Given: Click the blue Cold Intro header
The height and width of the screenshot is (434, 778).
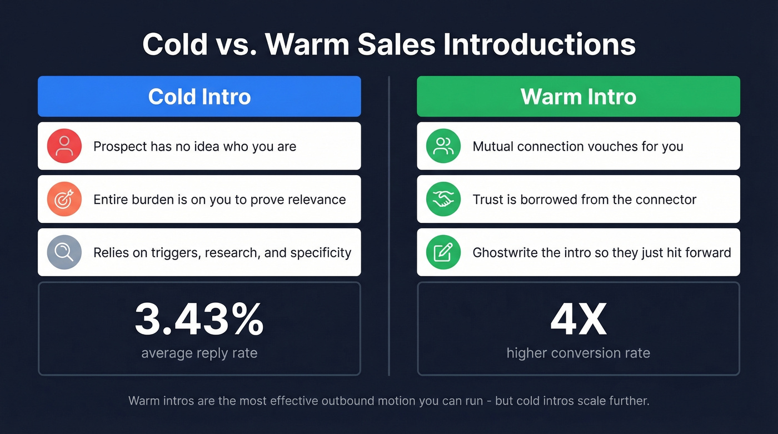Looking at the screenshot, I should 199,97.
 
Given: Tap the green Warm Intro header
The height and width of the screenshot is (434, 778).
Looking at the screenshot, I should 578,97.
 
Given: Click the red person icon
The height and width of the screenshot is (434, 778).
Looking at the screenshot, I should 64,146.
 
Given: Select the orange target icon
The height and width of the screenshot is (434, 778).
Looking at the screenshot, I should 64,199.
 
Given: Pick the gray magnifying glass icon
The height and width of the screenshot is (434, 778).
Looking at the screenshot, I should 64,252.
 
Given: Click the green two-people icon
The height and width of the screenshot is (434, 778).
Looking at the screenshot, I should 443,146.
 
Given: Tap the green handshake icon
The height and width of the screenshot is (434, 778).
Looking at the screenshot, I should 443,199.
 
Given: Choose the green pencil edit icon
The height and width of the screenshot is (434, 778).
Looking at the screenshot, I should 443,252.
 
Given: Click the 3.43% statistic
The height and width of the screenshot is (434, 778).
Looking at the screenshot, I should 199,320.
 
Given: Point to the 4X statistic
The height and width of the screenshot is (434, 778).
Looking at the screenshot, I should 578,320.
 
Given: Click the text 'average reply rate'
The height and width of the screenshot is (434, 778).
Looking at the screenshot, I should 199,353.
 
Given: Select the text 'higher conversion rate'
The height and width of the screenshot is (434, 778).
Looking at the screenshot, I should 578,353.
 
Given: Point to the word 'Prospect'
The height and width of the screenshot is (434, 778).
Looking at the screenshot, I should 117,147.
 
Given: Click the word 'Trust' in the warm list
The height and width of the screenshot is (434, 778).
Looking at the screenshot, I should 487,199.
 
